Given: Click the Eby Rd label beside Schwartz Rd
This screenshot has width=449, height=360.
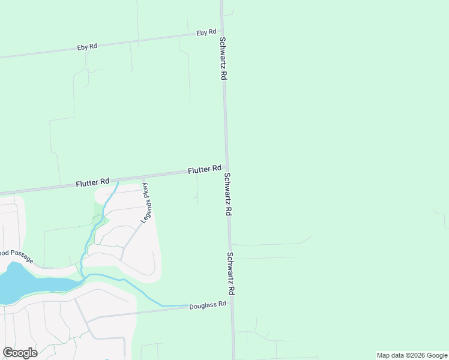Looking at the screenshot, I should (x=206, y=32).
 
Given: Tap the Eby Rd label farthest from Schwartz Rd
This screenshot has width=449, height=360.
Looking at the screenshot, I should (x=87, y=47).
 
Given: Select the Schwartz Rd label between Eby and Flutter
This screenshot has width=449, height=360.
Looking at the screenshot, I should (x=222, y=59).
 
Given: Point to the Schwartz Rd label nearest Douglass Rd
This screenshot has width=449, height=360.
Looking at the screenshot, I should (x=231, y=273).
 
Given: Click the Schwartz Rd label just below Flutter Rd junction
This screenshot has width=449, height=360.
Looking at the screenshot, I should (x=228, y=195).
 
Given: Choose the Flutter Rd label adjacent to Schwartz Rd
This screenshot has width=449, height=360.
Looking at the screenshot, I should (x=205, y=170).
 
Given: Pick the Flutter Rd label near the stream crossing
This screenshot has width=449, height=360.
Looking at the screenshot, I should (x=92, y=182).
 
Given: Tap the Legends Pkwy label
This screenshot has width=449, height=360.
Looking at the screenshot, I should (x=146, y=203).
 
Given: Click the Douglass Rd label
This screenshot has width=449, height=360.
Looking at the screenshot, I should (x=207, y=305).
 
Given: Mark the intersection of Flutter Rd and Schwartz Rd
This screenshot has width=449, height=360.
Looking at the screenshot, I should (x=226, y=170).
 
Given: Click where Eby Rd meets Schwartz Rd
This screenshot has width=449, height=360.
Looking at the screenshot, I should (x=221, y=33).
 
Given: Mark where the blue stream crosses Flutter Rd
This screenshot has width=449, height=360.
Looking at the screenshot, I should (x=117, y=181).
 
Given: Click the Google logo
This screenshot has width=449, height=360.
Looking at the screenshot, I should (x=20, y=353).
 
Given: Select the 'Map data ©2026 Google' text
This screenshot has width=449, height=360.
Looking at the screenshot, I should (x=412, y=355).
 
